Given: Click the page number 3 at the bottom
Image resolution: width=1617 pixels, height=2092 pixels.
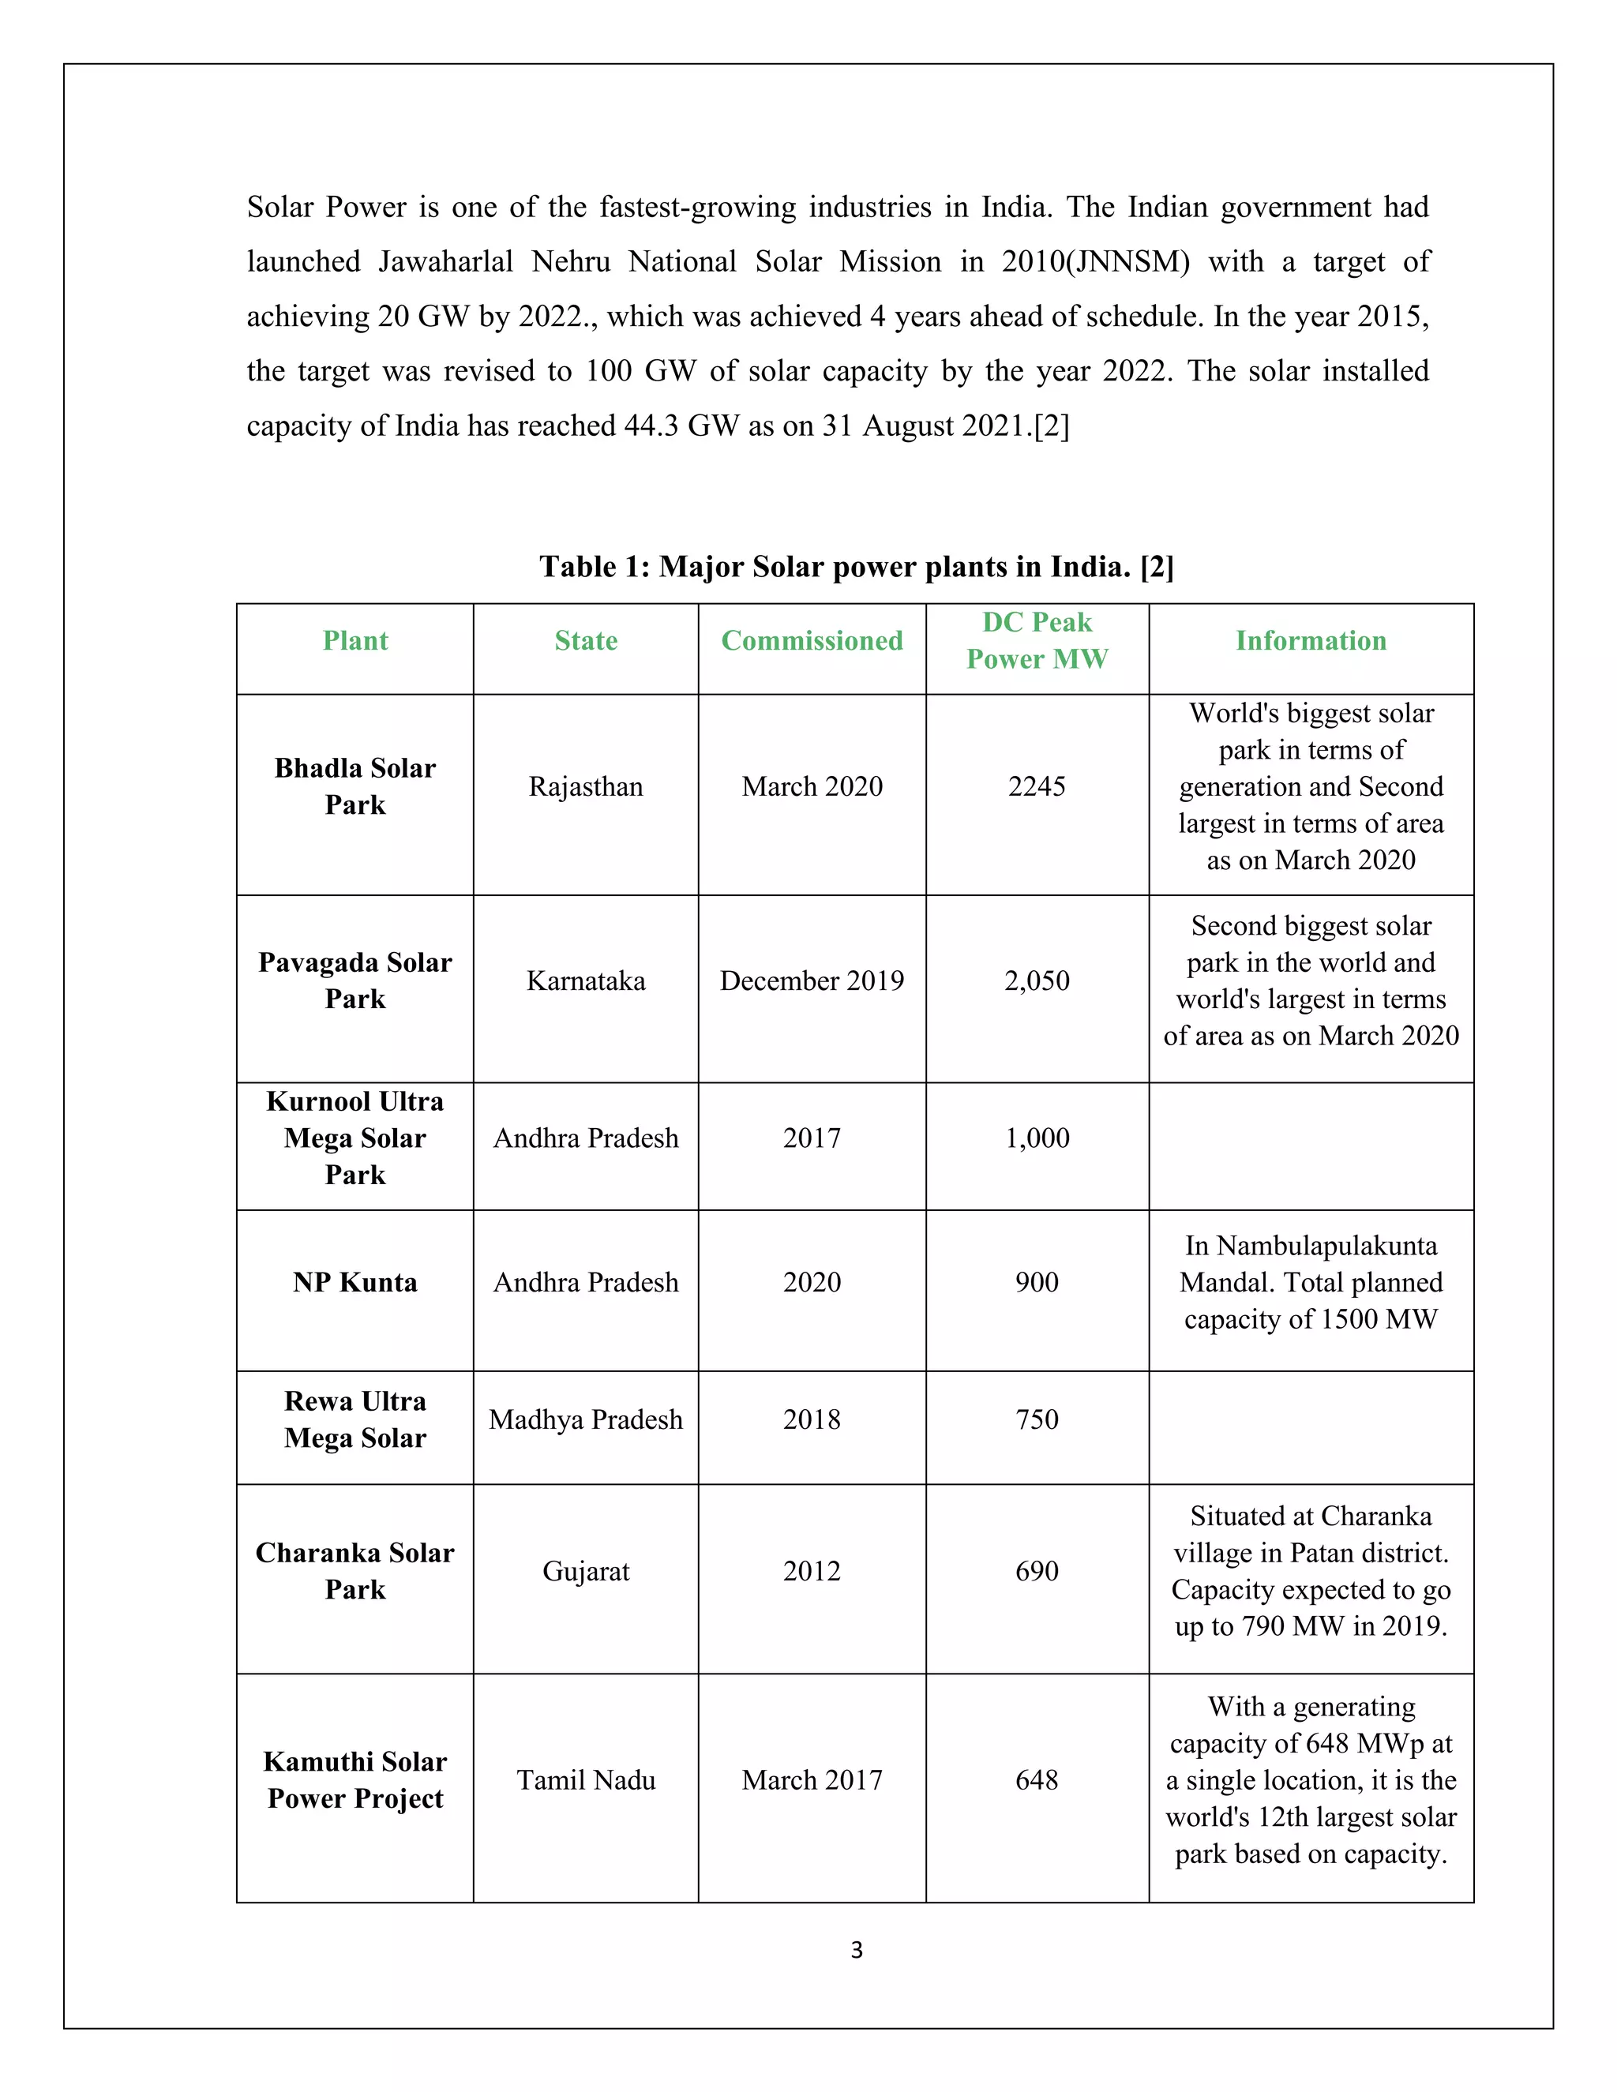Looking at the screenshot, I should (857, 1949).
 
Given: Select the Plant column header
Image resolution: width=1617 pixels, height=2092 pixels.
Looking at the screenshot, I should (355, 641).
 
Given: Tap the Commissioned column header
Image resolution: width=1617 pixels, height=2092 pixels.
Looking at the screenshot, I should (812, 641).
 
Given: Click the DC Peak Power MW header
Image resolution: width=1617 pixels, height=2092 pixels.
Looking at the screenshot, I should (1037, 641).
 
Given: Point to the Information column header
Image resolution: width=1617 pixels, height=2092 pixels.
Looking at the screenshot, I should (1311, 641).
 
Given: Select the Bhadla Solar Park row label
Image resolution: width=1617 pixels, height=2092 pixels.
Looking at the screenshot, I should (355, 786).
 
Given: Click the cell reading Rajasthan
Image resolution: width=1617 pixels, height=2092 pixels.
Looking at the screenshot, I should (585, 787).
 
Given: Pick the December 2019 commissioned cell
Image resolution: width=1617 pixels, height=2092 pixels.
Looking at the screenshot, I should (812, 980).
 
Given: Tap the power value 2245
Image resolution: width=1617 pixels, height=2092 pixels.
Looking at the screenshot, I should (1037, 787).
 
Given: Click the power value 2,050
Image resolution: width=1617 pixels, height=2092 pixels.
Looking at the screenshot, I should (1037, 980).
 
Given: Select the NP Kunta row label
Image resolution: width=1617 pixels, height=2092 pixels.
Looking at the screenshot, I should (355, 1283).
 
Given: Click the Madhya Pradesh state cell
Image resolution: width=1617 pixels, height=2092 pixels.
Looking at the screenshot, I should (585, 1419).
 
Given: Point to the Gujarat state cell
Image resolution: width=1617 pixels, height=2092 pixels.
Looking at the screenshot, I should (585, 1571).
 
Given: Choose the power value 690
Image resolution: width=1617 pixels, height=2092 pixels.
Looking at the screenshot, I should (1037, 1571).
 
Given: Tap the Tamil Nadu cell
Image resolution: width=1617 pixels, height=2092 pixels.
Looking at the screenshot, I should (585, 1779).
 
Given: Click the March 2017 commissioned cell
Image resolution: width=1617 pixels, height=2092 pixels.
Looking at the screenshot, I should (812, 1779).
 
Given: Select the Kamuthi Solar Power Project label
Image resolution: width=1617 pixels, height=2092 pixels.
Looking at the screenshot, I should (355, 1779).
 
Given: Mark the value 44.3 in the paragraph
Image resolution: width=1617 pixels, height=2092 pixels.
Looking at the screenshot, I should (651, 426).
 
